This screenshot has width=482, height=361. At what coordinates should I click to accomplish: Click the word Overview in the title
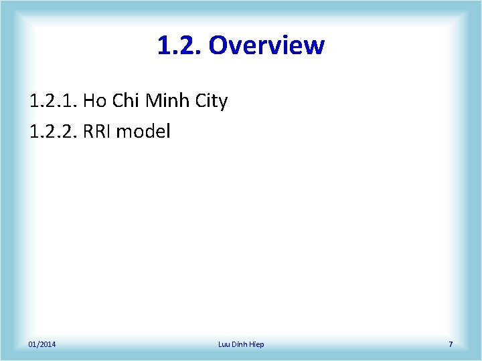pyautogui.click(x=266, y=45)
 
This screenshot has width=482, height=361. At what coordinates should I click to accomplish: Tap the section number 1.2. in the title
pyautogui.click(x=179, y=45)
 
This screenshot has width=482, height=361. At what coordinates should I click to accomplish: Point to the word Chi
pyautogui.click(x=125, y=102)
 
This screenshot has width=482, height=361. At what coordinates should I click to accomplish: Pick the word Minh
pyautogui.click(x=167, y=102)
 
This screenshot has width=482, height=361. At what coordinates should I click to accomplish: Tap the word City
pyautogui.click(x=211, y=102)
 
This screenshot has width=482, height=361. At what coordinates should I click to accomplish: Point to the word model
pyautogui.click(x=144, y=131)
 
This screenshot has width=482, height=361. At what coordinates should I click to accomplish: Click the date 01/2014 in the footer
pyautogui.click(x=42, y=344)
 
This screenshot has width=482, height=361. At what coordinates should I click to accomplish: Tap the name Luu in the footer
pyautogui.click(x=225, y=344)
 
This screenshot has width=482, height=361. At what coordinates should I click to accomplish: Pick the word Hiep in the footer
pyautogui.click(x=257, y=344)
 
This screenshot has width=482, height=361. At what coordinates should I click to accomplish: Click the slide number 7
pyautogui.click(x=451, y=344)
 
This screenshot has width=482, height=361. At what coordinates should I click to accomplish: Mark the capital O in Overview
pyautogui.click(x=219, y=45)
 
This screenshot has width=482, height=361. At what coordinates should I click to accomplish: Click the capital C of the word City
pyautogui.click(x=199, y=102)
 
